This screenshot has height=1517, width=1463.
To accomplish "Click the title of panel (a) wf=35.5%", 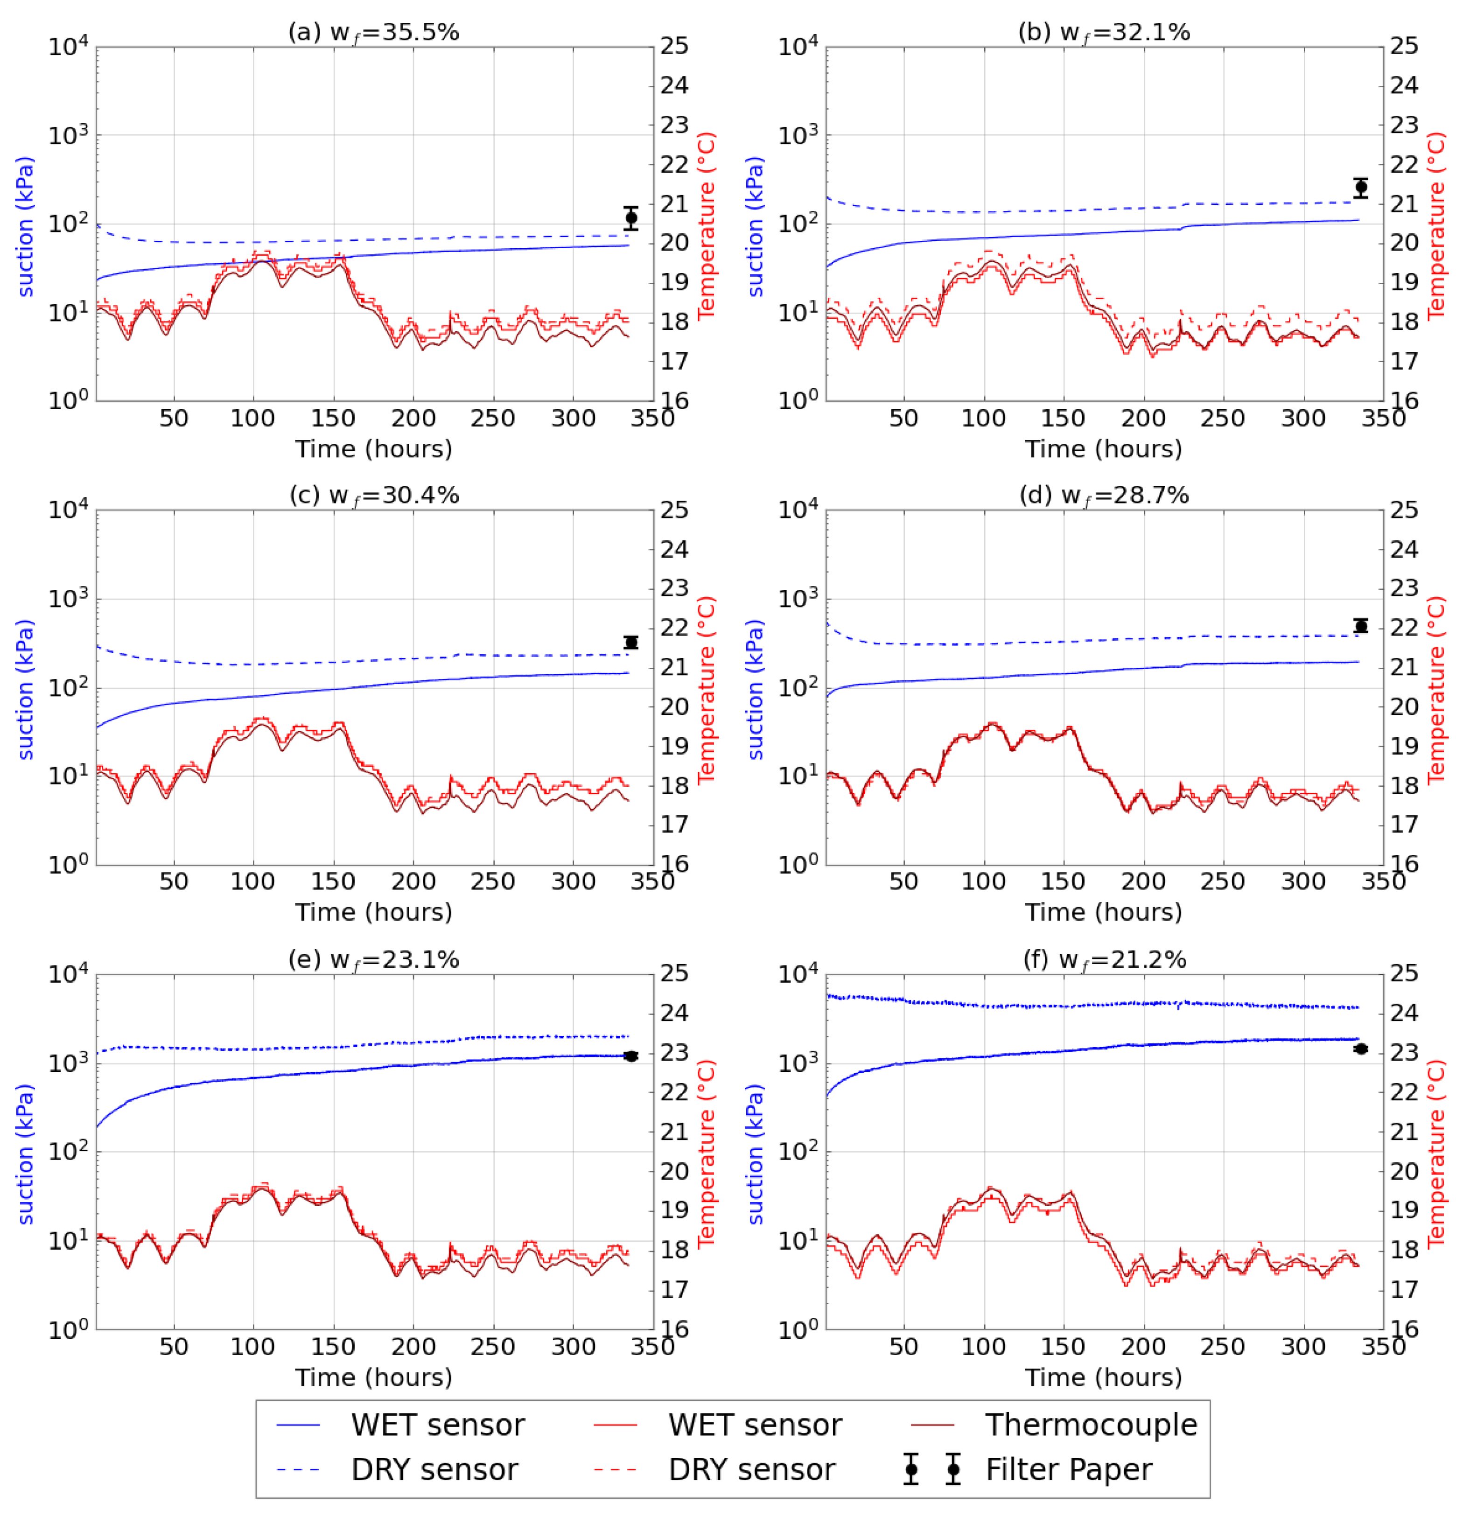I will point(374,33).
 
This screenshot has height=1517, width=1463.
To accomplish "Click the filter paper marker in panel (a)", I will point(632,218).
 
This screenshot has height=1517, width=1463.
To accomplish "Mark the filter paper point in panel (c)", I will point(632,643).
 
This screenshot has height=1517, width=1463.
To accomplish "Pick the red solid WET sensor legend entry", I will point(755,1425).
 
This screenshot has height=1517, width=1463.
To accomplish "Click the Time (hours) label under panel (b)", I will point(1104,449).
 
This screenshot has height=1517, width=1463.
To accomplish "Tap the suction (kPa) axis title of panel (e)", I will point(26,1153).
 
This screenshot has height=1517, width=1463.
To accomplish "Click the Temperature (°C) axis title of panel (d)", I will point(1437,689).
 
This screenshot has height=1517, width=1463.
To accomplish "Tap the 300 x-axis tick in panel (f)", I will point(1303,1347).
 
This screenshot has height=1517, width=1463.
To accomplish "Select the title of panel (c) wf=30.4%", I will point(374,496).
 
